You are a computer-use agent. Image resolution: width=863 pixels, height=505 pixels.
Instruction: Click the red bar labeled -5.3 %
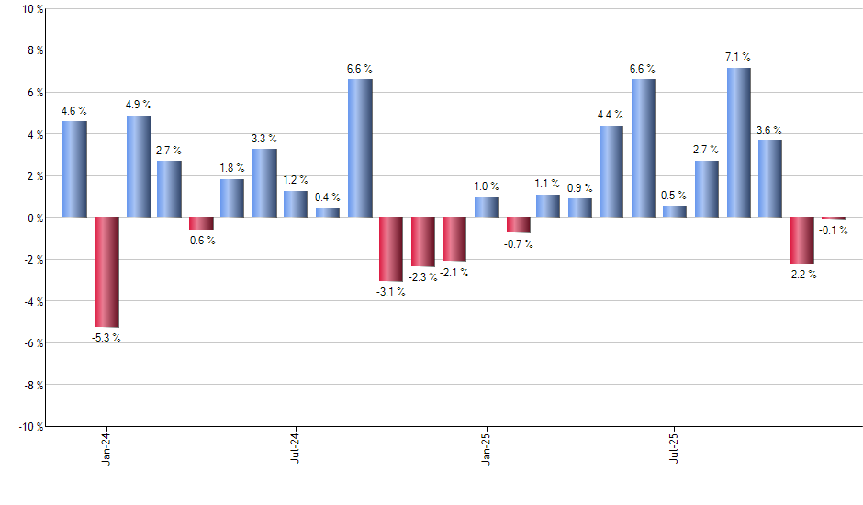[x=106, y=272]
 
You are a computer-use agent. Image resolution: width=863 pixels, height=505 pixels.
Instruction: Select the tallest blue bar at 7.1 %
[x=738, y=142]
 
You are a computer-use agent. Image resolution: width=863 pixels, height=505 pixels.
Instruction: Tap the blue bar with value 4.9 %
[x=139, y=166]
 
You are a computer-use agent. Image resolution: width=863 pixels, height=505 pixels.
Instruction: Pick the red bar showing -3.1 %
[x=391, y=249]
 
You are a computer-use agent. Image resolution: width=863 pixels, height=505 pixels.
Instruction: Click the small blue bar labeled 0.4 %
[x=328, y=213]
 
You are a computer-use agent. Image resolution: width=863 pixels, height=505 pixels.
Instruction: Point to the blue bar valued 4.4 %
[x=611, y=171]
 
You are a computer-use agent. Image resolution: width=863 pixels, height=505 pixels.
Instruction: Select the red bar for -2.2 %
[x=801, y=241]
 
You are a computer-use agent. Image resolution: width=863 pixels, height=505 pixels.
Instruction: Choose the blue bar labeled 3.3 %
[x=264, y=183]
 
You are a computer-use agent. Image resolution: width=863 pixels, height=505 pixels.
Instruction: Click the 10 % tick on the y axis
[x=31, y=9]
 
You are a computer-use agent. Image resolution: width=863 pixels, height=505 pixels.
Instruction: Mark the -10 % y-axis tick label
[x=29, y=426]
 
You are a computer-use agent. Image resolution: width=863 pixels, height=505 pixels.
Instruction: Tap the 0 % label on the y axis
[x=35, y=218]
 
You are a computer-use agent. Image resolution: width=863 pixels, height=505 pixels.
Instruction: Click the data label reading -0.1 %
[x=833, y=231]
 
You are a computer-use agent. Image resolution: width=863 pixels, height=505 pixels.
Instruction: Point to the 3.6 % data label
[x=769, y=129]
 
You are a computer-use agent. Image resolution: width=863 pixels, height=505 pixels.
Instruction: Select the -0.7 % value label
[x=518, y=244]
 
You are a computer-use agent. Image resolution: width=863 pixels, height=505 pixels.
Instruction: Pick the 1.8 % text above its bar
[x=232, y=168]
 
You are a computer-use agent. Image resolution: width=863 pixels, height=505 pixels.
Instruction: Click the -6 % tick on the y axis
[x=33, y=342]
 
